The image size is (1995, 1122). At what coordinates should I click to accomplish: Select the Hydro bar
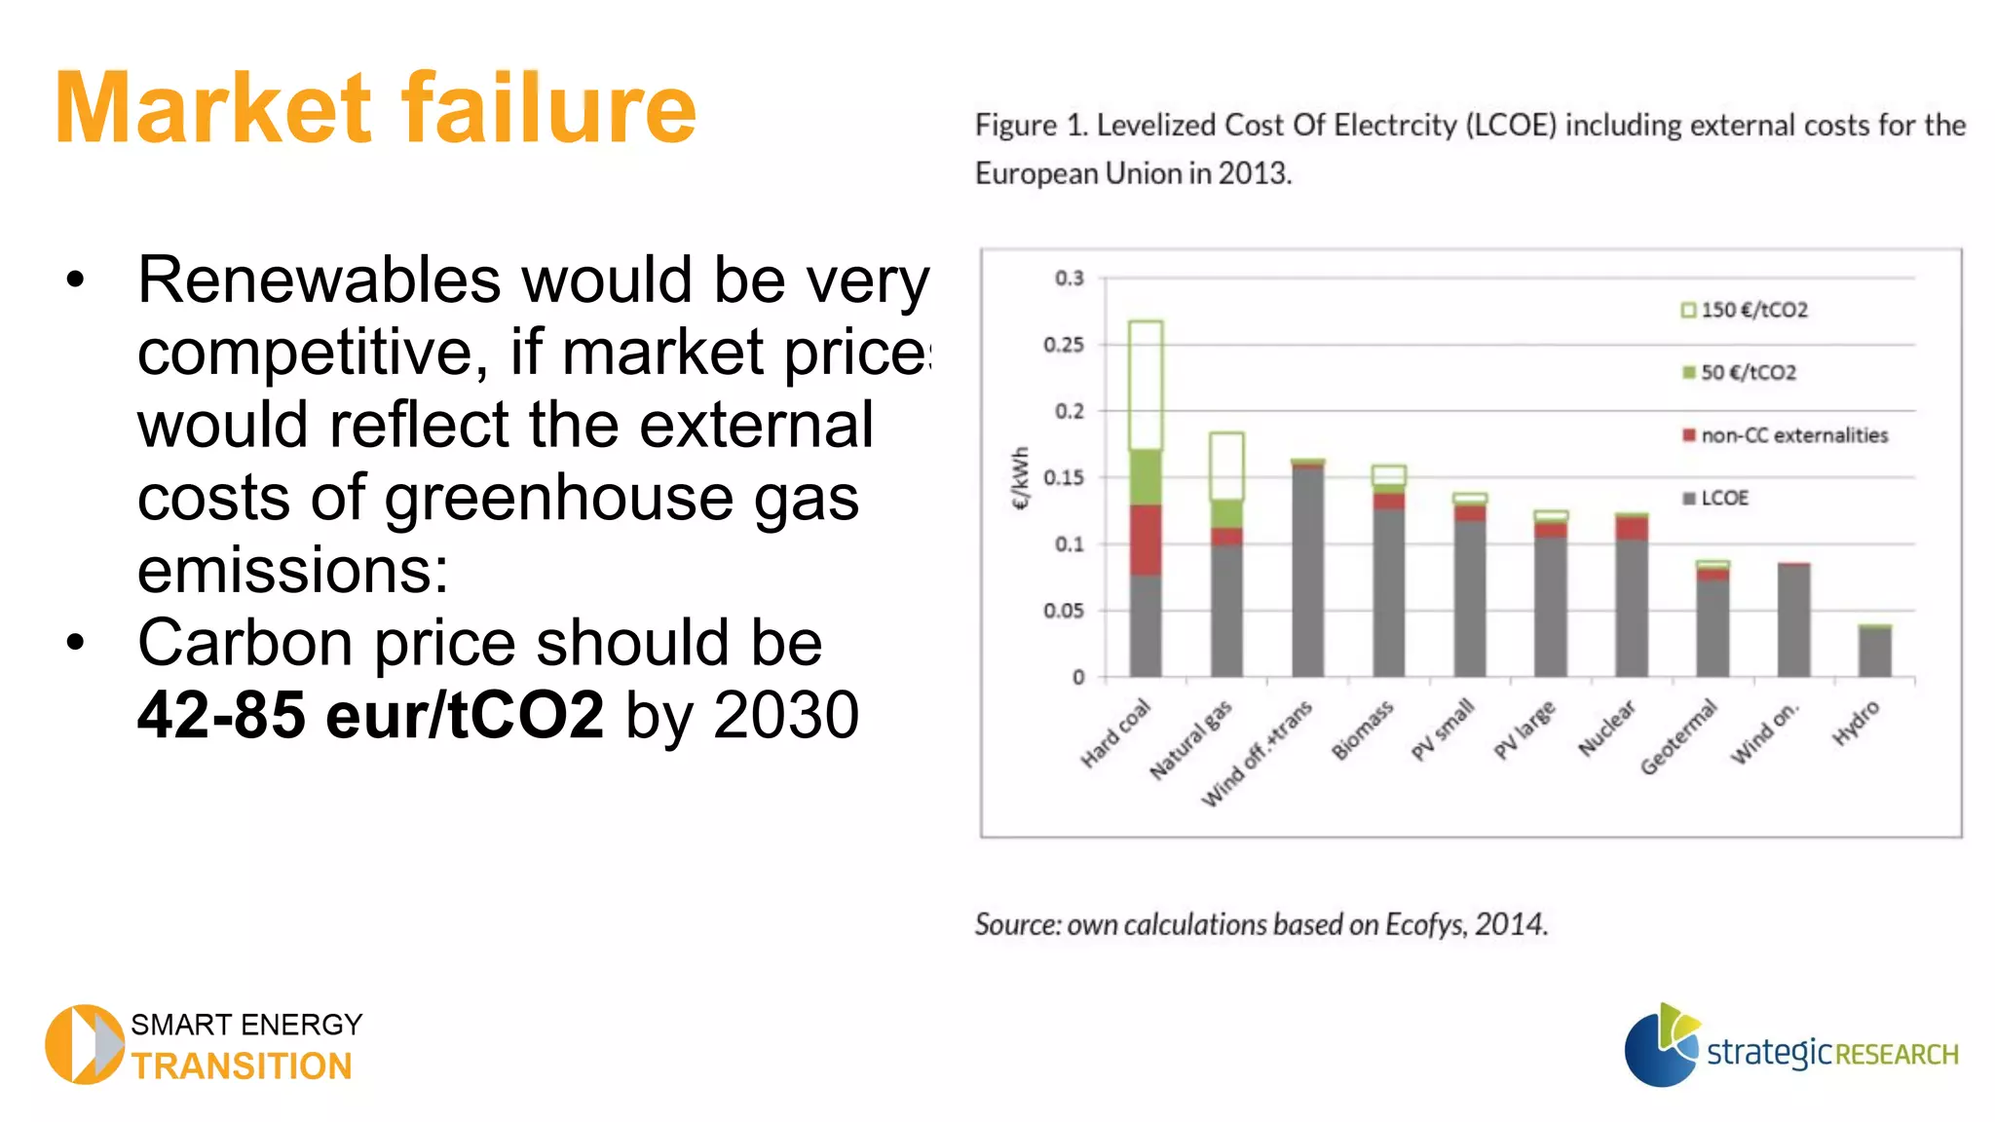(x=1874, y=651)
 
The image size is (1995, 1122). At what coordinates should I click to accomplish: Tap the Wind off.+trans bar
(x=1307, y=570)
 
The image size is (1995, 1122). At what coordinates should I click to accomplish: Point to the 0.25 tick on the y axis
(x=1064, y=345)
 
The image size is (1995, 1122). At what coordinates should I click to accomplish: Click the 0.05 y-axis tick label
(x=1064, y=611)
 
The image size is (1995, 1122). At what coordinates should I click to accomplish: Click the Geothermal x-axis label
(x=1677, y=738)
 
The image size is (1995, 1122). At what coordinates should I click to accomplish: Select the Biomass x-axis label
(x=1362, y=730)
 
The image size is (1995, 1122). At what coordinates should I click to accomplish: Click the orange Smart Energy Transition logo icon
(x=84, y=1044)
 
